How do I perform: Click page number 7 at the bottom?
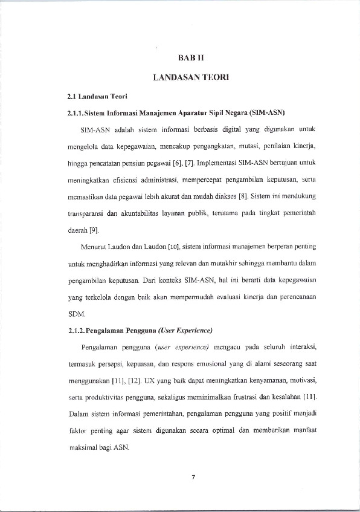[193, 478]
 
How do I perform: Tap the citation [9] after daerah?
[94, 231]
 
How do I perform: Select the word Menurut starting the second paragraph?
[91, 247]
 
